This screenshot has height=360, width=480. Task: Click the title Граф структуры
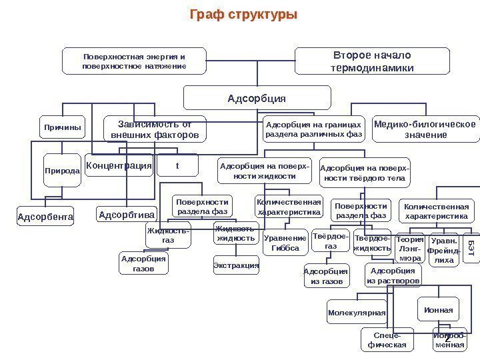click(243, 15)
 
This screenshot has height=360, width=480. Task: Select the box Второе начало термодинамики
click(371, 61)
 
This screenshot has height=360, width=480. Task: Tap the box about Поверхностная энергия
click(134, 61)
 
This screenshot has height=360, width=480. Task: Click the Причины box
click(63, 127)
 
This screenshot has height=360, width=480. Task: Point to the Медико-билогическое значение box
click(426, 129)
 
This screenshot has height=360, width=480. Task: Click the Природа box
click(63, 171)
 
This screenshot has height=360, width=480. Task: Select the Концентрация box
click(119, 165)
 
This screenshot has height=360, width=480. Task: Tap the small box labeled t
click(177, 165)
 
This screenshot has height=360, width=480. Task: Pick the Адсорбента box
click(45, 217)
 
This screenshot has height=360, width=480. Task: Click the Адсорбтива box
click(127, 215)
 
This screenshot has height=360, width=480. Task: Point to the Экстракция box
click(236, 265)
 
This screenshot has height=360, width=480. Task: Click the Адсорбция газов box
click(143, 263)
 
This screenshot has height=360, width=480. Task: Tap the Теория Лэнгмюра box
click(410, 248)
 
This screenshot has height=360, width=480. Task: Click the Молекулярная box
click(357, 312)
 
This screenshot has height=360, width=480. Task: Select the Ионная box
click(437, 310)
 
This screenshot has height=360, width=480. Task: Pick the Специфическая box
click(387, 340)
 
